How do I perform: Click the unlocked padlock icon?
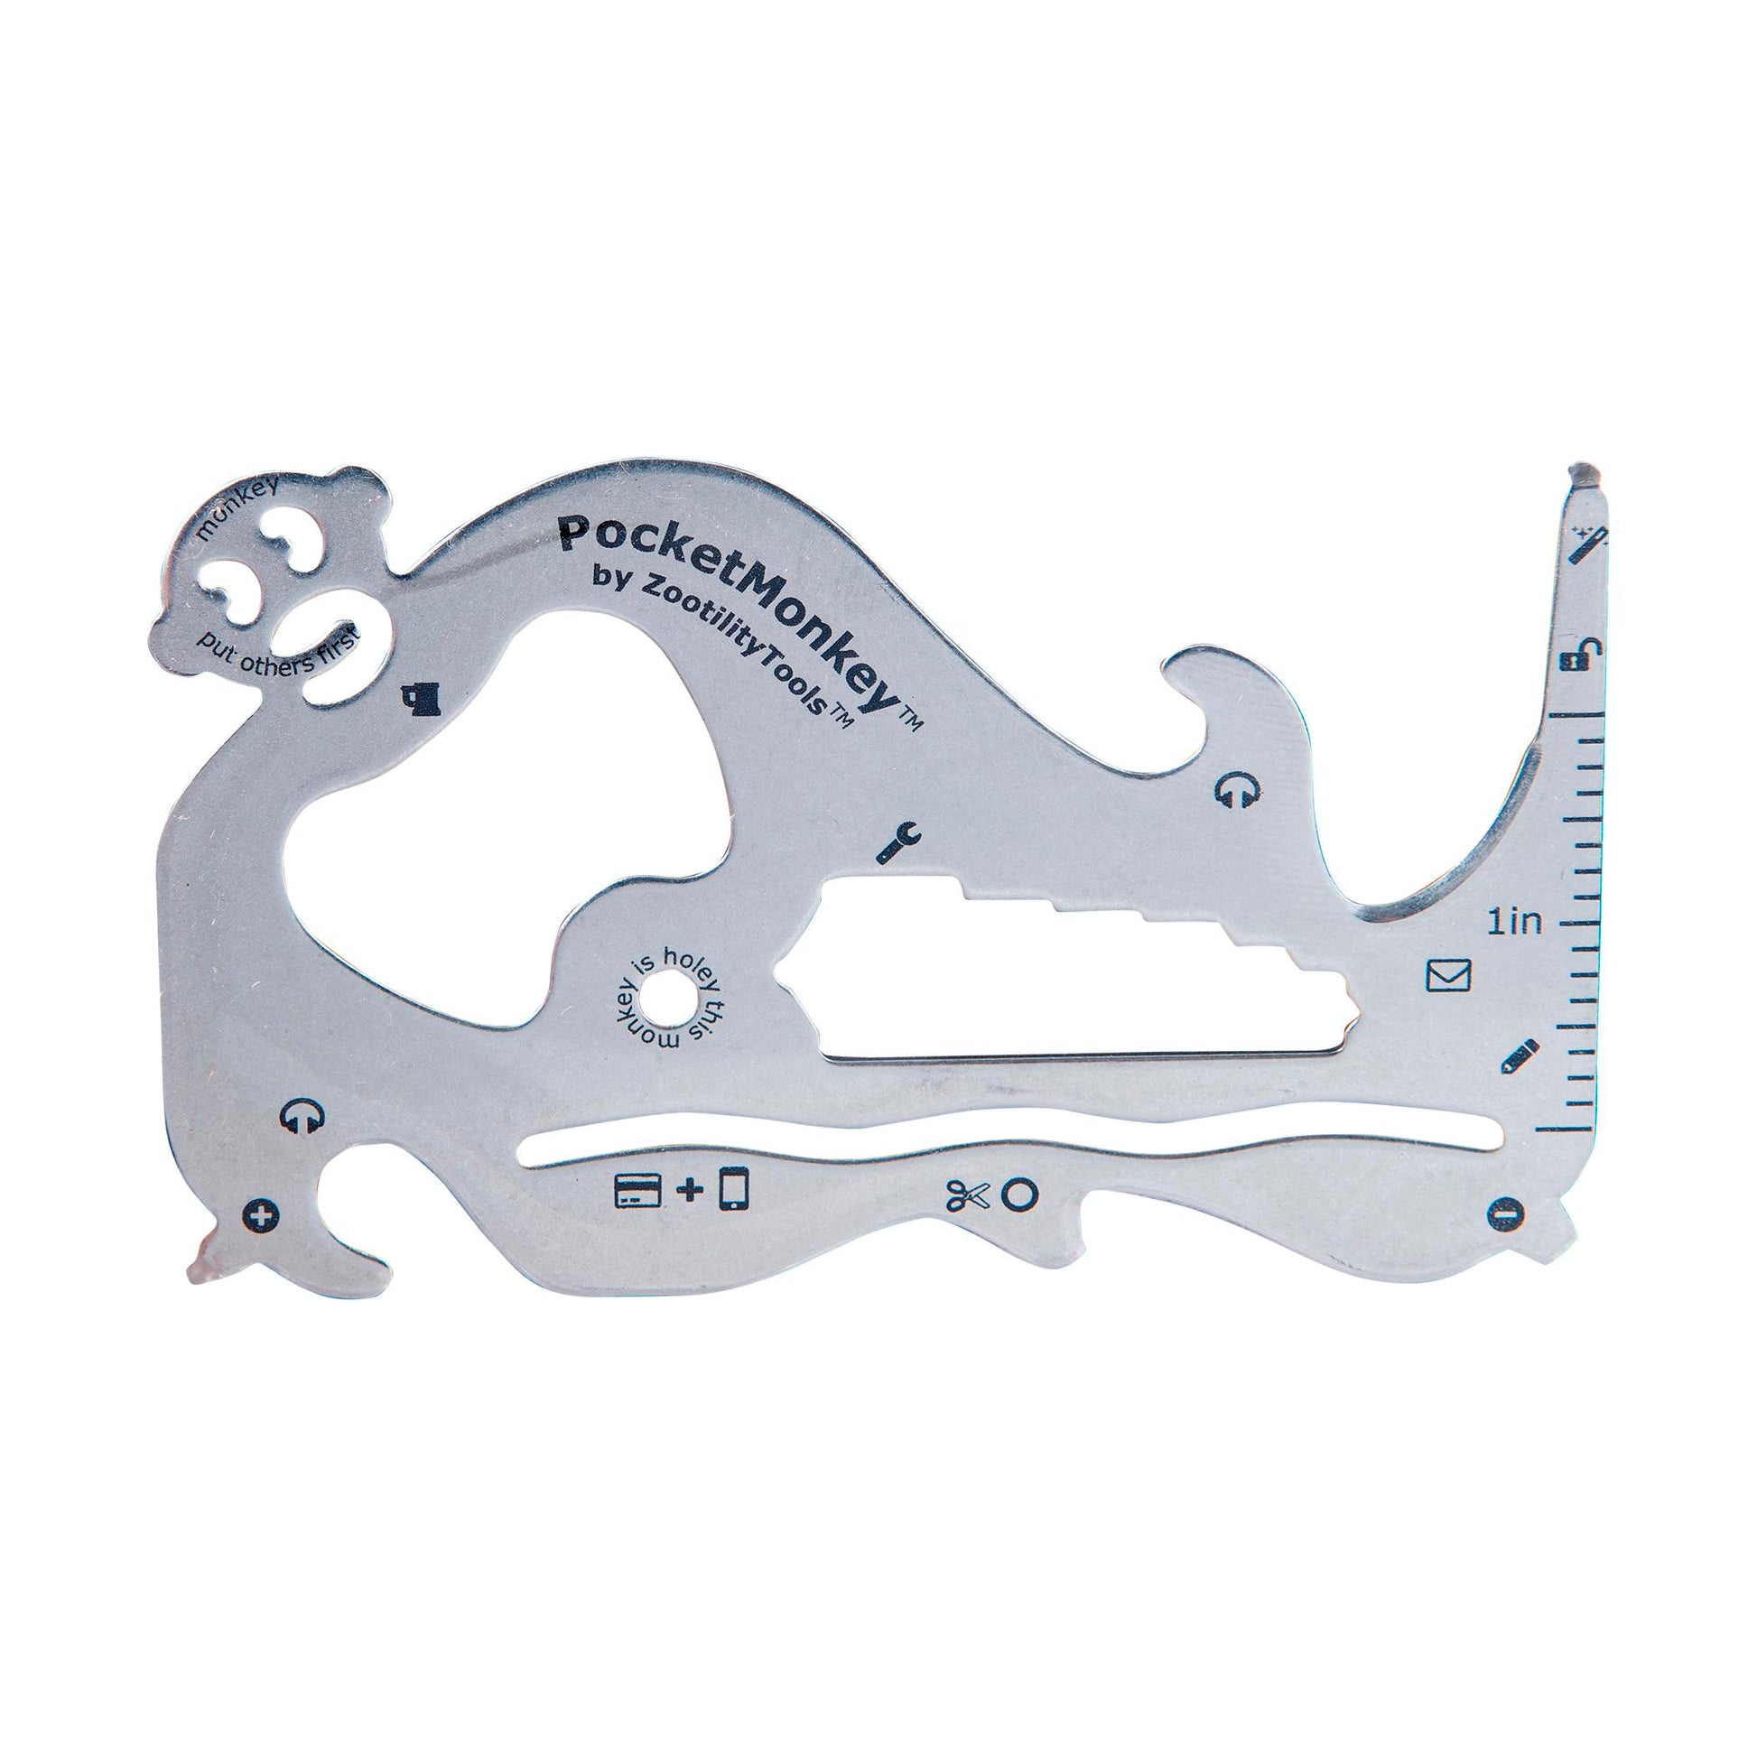(1584, 654)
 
